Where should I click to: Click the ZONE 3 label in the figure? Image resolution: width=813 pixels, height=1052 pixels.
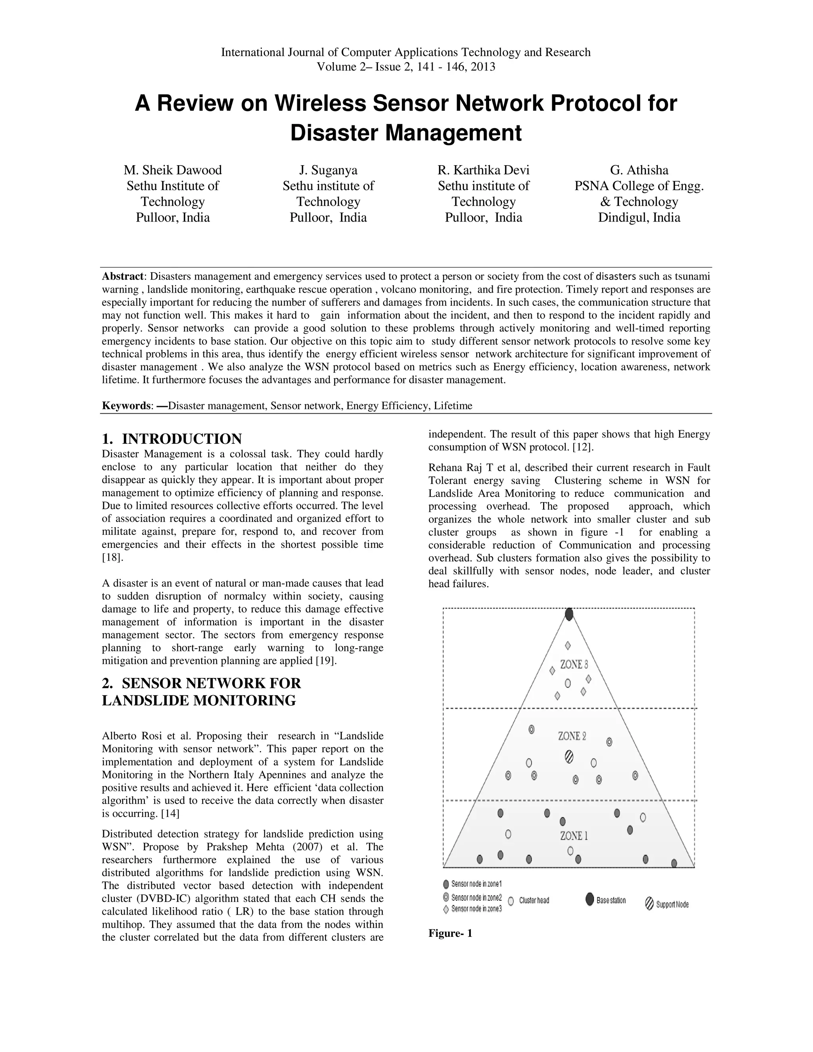574,665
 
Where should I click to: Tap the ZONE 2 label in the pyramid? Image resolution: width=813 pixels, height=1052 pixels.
572,736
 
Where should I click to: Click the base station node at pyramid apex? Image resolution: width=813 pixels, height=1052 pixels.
569,615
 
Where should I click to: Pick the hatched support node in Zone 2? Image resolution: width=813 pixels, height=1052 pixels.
569,757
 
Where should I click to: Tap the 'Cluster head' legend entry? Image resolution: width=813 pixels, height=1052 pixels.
529,900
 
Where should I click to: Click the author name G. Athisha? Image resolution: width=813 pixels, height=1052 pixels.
639,170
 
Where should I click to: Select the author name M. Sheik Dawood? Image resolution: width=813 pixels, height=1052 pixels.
172,170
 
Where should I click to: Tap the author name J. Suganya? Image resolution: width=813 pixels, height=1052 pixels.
328,170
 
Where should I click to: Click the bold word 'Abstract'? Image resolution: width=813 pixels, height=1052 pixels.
123,276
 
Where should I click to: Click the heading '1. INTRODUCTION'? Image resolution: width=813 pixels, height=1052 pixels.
172,439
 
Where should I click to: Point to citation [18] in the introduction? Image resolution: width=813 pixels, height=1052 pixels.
109,558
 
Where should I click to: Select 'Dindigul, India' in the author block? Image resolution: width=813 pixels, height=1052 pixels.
639,217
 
